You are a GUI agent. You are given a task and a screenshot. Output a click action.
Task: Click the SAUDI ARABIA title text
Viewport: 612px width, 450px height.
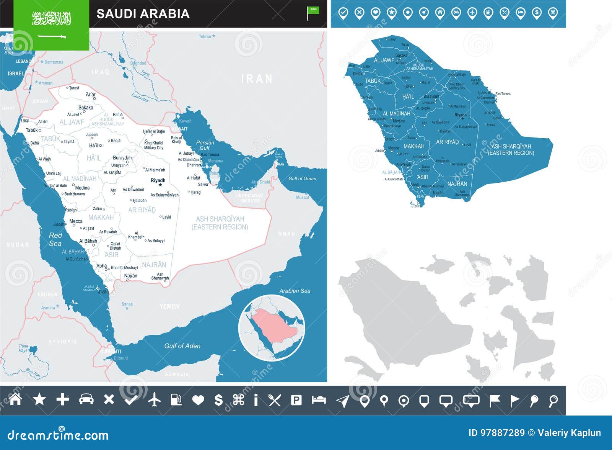pyautogui.click(x=143, y=14)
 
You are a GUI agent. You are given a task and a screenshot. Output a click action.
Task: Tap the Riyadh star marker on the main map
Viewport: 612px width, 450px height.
pyautogui.click(x=160, y=185)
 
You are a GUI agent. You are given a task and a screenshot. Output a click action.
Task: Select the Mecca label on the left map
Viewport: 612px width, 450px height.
pyautogui.click(x=76, y=221)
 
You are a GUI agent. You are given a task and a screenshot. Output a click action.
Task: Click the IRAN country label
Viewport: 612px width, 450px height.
pyautogui.click(x=257, y=79)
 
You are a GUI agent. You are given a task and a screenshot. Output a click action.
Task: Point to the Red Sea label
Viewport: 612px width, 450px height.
pyautogui.click(x=55, y=239)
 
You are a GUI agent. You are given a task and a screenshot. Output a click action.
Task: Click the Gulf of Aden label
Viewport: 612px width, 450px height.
pyautogui.click(x=182, y=346)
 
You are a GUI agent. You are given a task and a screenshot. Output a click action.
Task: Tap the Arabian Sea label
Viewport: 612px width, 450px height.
pyautogui.click(x=295, y=291)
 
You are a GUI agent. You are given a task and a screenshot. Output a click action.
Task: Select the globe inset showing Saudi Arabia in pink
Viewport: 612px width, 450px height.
pyautogui.click(x=272, y=328)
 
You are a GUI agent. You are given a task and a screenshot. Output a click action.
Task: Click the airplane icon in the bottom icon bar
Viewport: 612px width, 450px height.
pyautogui.click(x=155, y=400)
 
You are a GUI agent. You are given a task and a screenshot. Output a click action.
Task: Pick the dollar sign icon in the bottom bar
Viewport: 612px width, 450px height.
pyautogui.click(x=218, y=400)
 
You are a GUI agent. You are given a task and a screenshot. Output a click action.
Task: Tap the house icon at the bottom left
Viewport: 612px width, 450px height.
pyautogui.click(x=15, y=399)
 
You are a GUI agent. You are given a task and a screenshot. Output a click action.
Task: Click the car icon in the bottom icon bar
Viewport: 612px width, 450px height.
pyautogui.click(x=86, y=399)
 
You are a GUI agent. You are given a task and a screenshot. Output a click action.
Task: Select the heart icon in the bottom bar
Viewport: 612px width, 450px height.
pyautogui.click(x=198, y=400)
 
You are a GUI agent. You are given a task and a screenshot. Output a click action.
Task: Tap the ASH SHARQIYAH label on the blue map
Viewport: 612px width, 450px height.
pyautogui.click(x=511, y=149)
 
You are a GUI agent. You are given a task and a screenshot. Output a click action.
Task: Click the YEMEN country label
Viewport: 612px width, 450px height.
pyautogui.click(x=169, y=306)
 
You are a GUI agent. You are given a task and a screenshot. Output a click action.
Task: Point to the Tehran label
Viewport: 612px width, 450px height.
pyautogui.click(x=205, y=36)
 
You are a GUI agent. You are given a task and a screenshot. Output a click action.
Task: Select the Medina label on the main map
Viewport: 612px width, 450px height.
pyautogui.click(x=82, y=188)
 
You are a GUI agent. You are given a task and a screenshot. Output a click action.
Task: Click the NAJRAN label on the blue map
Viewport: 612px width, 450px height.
pyautogui.click(x=457, y=184)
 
